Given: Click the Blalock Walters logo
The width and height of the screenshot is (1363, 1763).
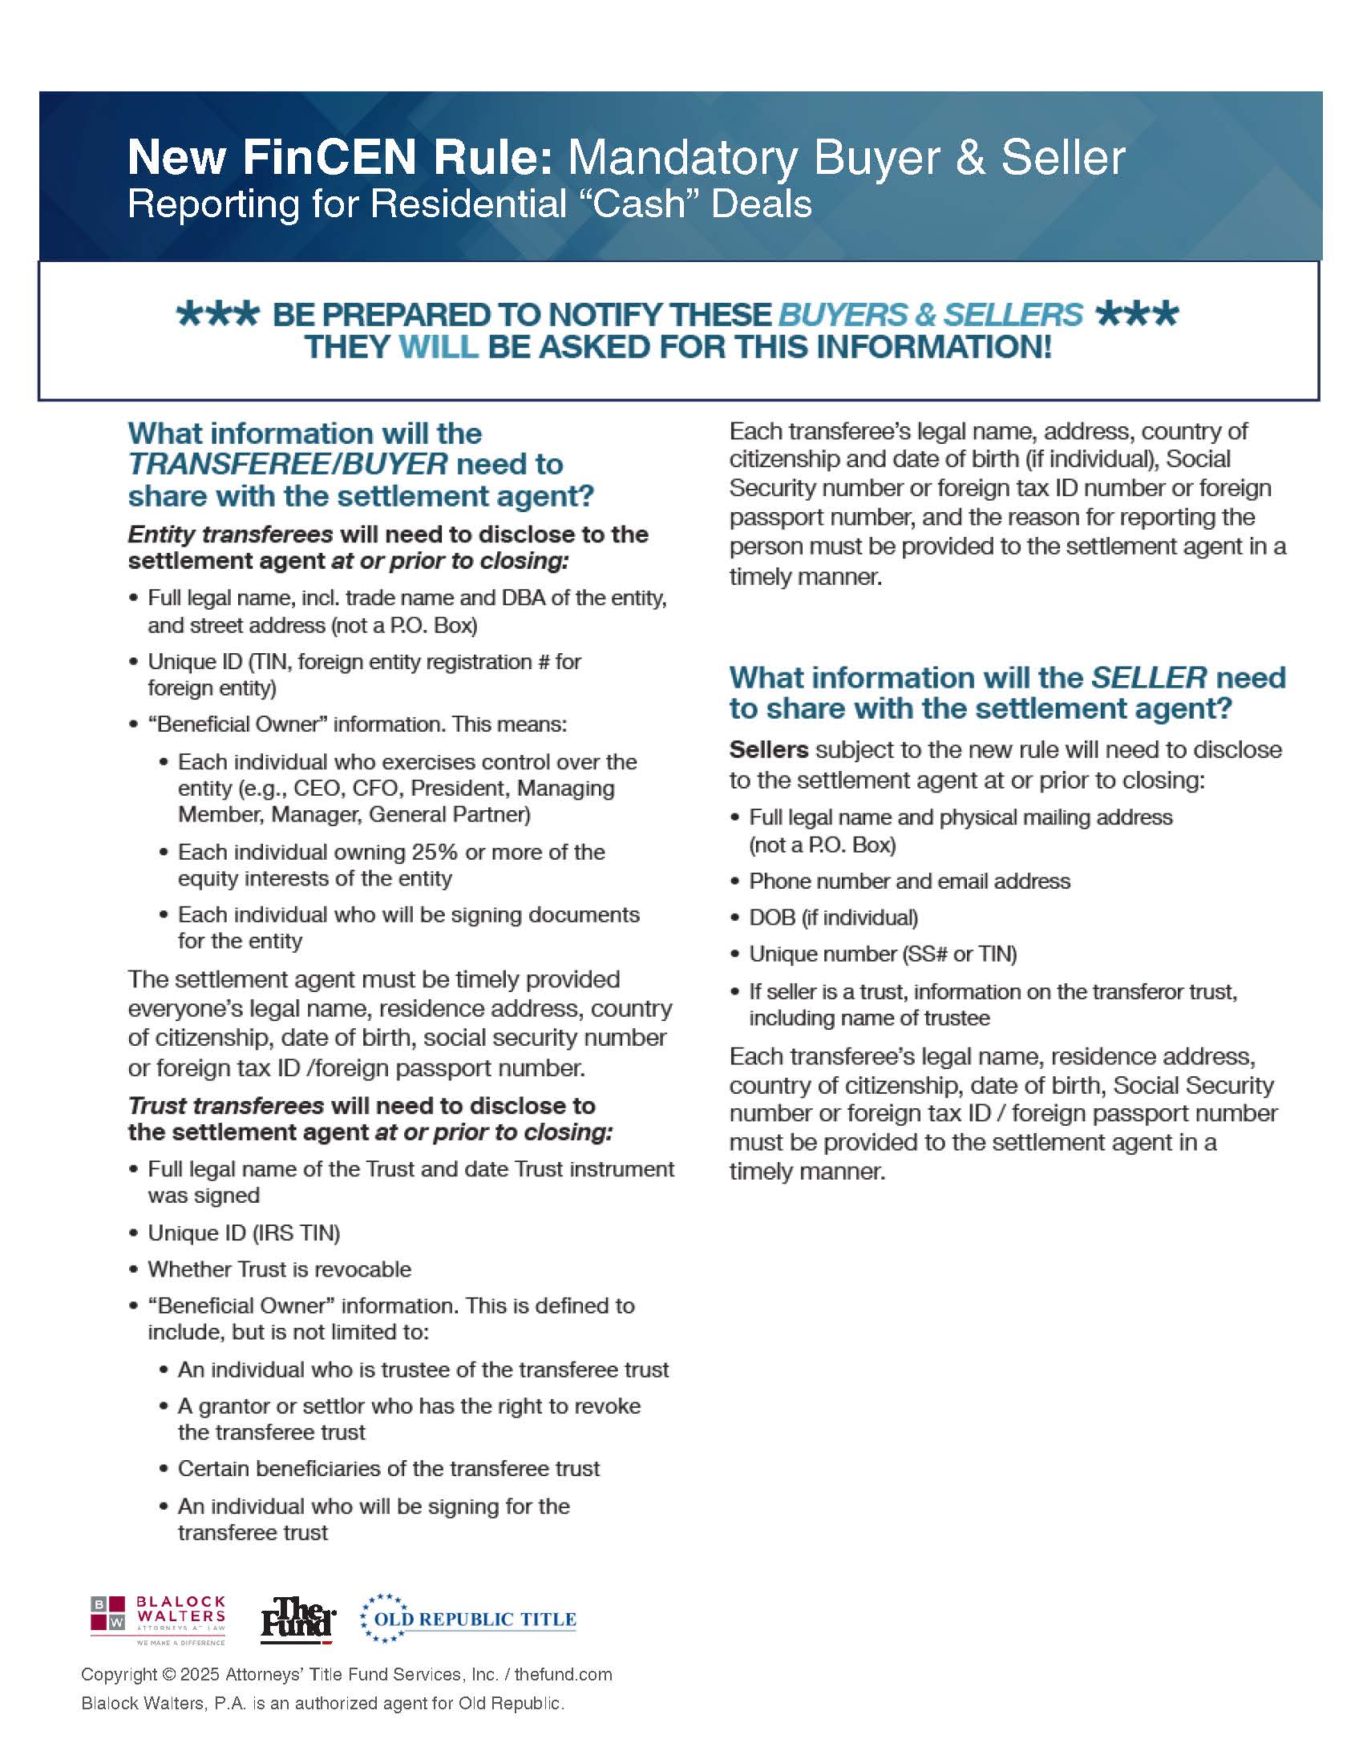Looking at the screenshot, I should click(x=157, y=1620).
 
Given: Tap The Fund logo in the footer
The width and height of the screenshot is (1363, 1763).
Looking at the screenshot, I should click(x=297, y=1620).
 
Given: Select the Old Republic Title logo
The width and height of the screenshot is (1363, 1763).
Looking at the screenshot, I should click(x=468, y=1619).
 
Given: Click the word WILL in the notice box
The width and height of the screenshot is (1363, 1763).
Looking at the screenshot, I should click(x=439, y=347).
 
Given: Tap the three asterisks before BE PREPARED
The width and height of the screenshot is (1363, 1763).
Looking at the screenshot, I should click(x=217, y=314).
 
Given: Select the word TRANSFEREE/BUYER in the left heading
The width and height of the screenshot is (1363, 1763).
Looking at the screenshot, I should click(x=288, y=464).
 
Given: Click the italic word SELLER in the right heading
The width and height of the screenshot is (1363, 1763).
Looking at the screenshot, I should click(x=1149, y=677).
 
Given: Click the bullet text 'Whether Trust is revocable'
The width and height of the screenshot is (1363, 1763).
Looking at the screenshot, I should click(x=279, y=1269).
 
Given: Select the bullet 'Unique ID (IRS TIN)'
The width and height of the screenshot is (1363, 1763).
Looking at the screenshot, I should click(x=244, y=1232).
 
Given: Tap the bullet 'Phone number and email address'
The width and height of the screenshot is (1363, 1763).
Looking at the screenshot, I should click(x=909, y=881).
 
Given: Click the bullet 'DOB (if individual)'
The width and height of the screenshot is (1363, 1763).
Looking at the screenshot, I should click(x=833, y=918).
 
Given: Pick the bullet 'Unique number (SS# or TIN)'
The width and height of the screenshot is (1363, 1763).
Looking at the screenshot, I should click(x=883, y=954).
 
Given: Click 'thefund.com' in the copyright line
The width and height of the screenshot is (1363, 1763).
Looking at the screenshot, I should click(x=563, y=1674).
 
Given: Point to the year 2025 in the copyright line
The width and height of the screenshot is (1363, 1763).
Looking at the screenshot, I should click(x=200, y=1674).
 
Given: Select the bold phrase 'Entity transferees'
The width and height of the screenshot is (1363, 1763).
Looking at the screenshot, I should click(x=230, y=535).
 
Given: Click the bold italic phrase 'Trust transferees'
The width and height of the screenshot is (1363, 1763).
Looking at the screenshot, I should click(x=226, y=1105).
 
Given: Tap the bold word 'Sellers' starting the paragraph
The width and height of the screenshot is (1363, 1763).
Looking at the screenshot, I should click(x=769, y=750).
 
